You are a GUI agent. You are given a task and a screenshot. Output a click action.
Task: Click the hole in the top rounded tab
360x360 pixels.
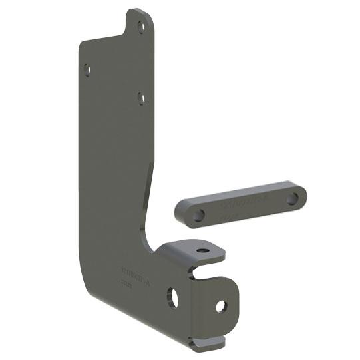click(140, 27)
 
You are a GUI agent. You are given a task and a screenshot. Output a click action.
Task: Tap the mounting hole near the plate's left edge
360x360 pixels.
click(87, 69)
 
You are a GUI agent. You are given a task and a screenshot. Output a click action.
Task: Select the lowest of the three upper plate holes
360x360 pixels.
click(141, 98)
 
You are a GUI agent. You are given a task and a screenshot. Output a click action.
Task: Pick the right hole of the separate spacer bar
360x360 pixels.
click(291, 198)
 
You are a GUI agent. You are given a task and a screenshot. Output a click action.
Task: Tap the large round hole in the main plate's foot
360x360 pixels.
click(172, 297)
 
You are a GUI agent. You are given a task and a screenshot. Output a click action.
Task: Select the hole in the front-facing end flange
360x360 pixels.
click(221, 306)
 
